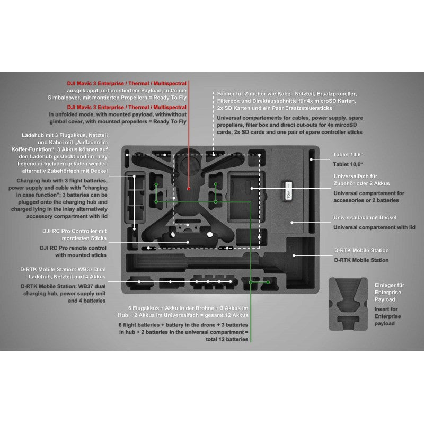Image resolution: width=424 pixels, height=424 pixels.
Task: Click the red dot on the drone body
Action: [189, 189]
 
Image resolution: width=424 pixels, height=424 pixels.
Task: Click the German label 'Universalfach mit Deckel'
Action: [365, 218]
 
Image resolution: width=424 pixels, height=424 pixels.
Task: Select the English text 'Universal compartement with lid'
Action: [374, 227]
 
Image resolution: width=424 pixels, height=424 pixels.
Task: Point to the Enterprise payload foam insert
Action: [348, 304]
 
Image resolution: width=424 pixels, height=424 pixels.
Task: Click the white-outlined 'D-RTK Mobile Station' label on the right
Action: [361, 250]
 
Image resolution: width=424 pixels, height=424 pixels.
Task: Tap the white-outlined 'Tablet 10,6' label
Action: [348, 155]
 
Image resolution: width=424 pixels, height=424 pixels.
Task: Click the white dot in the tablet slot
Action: [311, 160]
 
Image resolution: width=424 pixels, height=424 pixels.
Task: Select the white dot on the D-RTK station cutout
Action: [294, 255]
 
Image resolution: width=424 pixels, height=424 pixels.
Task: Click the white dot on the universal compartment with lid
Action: [292, 223]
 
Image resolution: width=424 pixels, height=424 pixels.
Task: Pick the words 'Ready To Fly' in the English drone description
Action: [170, 122]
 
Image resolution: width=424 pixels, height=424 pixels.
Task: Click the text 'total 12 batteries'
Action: [227, 339]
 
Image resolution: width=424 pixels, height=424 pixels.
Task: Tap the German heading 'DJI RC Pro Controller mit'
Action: [74, 231]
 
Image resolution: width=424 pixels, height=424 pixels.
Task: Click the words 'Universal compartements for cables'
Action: [263, 118]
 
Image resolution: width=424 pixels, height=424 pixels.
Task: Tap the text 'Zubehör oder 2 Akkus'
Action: [361, 183]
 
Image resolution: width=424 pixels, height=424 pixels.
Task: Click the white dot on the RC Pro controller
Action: [188, 242]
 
